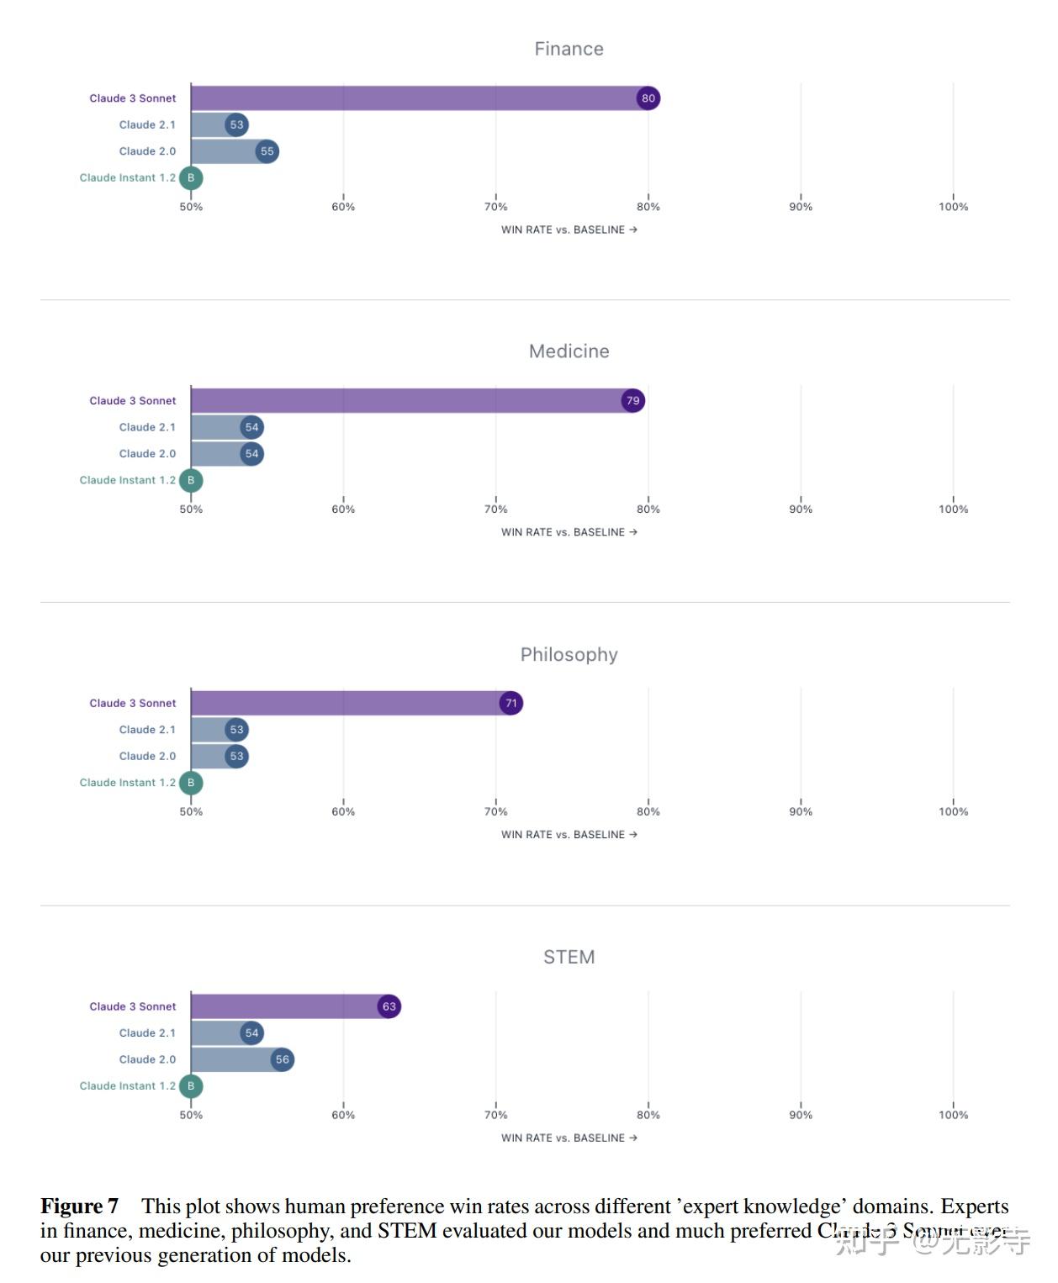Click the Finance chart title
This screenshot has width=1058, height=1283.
pos(569,49)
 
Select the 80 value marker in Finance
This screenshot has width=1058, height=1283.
pos(648,98)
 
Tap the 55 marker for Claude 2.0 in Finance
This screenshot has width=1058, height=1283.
pos(267,151)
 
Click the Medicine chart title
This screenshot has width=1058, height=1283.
pos(569,351)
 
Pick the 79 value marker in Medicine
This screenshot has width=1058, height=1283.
pos(632,401)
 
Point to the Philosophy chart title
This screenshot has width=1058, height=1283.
pos(569,654)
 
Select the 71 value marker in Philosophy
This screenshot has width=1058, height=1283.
pos(510,703)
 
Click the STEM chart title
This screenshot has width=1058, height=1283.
pos(569,957)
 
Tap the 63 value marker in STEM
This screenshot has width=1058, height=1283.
pos(389,1006)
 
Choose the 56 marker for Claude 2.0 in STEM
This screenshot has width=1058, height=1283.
pos(282,1059)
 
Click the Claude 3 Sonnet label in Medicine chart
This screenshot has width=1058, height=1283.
pos(133,401)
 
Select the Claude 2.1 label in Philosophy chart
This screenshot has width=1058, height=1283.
pos(147,730)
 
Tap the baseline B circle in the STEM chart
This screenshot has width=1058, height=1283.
pos(191,1086)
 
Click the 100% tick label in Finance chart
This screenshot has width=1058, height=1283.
pos(953,207)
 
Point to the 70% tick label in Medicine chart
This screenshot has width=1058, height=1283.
pos(495,510)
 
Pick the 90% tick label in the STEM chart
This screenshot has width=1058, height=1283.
pos(801,1115)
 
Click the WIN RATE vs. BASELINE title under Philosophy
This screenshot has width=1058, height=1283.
pos(569,835)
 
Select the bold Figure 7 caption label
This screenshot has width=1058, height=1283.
pos(79,1206)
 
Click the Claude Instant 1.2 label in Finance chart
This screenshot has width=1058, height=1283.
pos(128,178)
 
